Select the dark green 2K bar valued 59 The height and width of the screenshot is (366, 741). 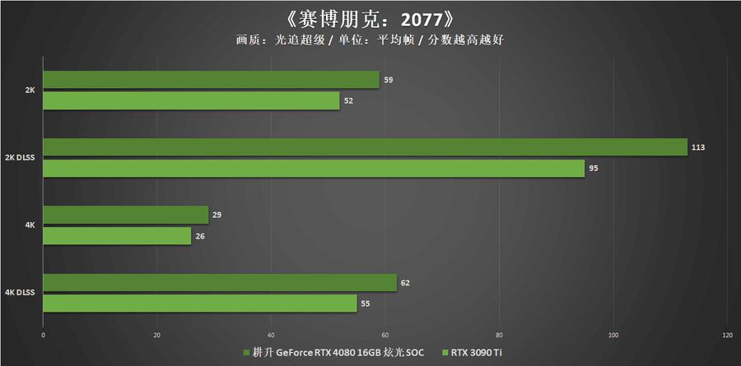(x=211, y=80)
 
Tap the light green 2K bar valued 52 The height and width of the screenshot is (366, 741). (x=191, y=100)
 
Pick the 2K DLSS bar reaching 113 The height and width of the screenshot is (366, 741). (x=365, y=147)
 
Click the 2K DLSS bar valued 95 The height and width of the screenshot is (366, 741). (x=314, y=168)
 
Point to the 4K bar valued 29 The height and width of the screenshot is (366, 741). (x=125, y=215)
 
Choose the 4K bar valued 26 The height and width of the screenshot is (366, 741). (x=117, y=235)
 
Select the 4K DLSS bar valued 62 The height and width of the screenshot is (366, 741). (x=220, y=283)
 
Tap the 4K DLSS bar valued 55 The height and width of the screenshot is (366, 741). (x=200, y=303)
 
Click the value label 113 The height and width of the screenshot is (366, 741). (x=699, y=147)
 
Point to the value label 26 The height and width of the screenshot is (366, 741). (x=201, y=236)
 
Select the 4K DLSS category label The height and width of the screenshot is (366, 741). (x=20, y=293)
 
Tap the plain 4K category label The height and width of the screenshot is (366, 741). (x=30, y=225)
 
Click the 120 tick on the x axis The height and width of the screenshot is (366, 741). (x=727, y=336)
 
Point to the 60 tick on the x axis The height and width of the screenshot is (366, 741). (x=385, y=336)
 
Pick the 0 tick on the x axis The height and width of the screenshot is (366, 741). (x=43, y=336)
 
